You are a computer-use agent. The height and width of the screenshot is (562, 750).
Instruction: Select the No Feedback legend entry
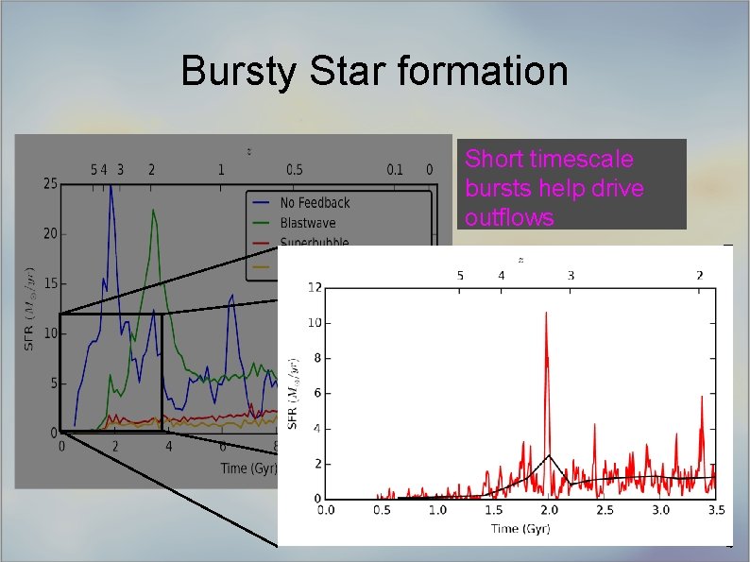click(x=315, y=202)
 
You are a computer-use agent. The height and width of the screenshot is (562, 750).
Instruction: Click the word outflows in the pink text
click(x=509, y=217)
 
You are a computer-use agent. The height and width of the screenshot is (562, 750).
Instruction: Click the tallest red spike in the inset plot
click(x=546, y=314)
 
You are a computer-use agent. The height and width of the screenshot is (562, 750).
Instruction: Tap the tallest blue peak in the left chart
click(x=111, y=185)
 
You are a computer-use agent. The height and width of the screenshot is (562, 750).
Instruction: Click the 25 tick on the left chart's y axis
click(x=51, y=183)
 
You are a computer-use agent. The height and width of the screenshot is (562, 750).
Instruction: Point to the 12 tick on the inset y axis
click(x=313, y=287)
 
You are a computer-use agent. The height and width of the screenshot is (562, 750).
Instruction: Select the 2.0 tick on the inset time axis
click(x=549, y=510)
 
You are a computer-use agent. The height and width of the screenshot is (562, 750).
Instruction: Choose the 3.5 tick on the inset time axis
click(x=716, y=510)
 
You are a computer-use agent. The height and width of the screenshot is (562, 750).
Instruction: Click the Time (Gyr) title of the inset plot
click(x=519, y=528)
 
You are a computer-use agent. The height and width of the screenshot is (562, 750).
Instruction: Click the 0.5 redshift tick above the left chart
click(x=294, y=170)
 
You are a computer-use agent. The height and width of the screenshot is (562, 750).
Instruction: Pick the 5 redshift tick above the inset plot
click(x=460, y=275)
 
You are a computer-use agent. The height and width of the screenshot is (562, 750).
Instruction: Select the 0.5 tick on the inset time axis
click(x=382, y=510)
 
